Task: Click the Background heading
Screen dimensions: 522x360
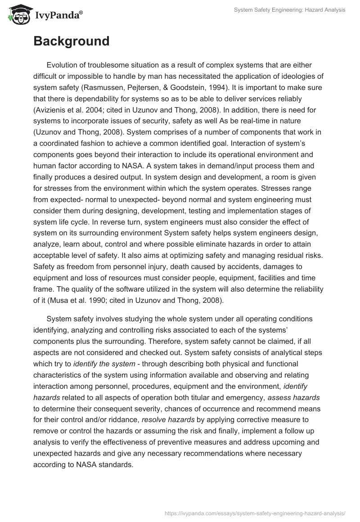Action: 71,41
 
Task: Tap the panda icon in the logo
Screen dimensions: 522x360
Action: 18,15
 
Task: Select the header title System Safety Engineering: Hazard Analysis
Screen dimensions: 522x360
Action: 290,9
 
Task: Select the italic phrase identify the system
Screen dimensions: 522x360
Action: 104,363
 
